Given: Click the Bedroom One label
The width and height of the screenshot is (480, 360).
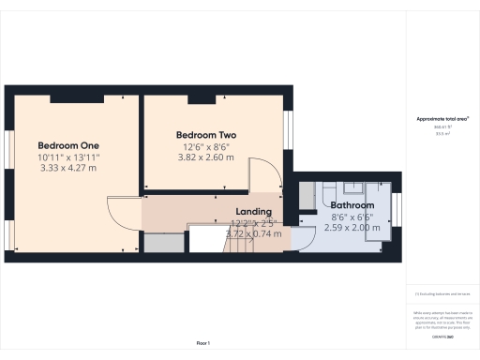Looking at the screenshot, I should [x=68, y=145].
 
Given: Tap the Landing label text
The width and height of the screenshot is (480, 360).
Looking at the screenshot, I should [x=254, y=212].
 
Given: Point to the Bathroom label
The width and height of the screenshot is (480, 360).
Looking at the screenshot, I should [x=352, y=205].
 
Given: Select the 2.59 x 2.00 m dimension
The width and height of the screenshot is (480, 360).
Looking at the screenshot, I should [x=352, y=227].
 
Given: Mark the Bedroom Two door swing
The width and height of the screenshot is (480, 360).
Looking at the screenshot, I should [x=262, y=173].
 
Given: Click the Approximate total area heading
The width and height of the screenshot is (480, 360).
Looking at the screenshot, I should [x=442, y=119].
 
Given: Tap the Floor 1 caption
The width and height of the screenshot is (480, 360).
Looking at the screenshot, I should [x=203, y=344].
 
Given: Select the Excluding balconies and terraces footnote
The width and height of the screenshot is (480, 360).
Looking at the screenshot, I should [x=441, y=293].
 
